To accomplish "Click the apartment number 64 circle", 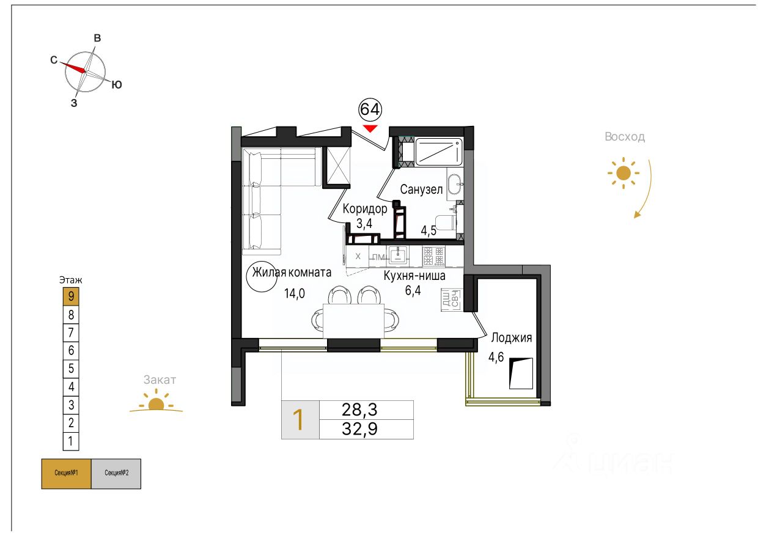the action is click(x=370, y=109).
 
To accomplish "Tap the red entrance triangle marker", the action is click(x=370, y=128).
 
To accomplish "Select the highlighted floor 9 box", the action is click(x=71, y=296).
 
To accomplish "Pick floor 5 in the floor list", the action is click(x=71, y=368).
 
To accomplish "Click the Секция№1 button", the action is click(x=66, y=474).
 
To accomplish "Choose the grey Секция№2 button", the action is click(x=116, y=474).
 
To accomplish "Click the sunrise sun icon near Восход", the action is click(x=624, y=173).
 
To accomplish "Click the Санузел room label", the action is click(x=421, y=189).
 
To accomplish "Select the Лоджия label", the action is click(x=511, y=338).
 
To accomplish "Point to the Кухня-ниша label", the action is click(x=414, y=276).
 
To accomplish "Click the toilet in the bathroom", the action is click(x=446, y=222).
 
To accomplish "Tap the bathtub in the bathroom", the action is click(x=438, y=152).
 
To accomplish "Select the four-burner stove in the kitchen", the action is click(x=433, y=256).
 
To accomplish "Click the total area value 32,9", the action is click(x=359, y=428).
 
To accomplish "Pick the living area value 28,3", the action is click(x=359, y=409).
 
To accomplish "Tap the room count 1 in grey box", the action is click(x=298, y=420).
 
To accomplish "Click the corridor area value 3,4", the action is click(x=364, y=223).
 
